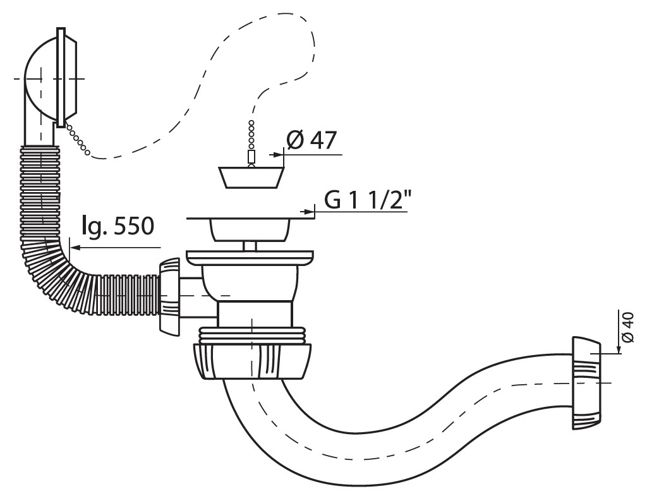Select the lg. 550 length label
118,226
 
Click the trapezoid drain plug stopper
251,177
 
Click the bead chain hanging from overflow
77,138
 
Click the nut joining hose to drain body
169,296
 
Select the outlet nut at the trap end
586,383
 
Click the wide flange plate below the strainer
250,258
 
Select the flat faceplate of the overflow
61,76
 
